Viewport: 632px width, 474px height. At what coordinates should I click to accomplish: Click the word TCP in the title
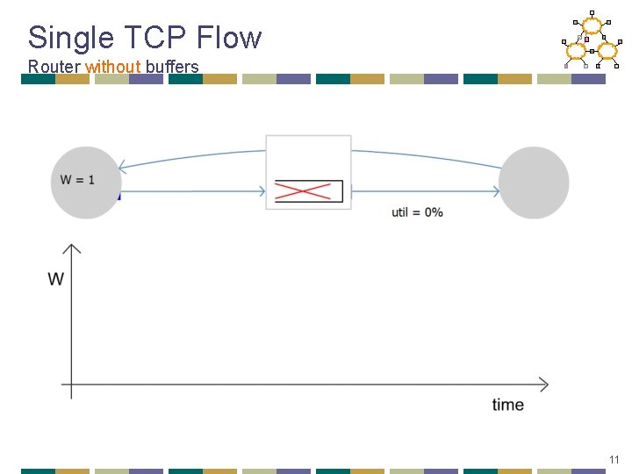(x=146, y=38)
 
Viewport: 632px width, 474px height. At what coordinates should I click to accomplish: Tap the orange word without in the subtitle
(x=112, y=67)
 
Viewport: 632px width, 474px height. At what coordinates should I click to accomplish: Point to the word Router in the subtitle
(x=54, y=67)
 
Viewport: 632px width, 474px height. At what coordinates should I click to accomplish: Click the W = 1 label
(x=77, y=180)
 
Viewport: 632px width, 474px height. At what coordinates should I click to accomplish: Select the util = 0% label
(x=417, y=212)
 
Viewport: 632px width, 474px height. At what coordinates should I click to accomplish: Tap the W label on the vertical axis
(x=56, y=279)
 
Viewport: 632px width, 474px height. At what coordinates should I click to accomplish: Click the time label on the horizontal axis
(x=508, y=405)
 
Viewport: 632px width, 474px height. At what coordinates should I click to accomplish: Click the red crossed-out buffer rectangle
(x=308, y=191)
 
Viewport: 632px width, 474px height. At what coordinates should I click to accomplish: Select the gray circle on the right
(x=534, y=183)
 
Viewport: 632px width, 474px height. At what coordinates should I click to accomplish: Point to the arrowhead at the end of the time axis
(x=544, y=384)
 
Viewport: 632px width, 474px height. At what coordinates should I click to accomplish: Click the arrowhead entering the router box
(x=262, y=191)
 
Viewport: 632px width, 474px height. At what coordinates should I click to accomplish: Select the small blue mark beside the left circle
(x=118, y=196)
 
